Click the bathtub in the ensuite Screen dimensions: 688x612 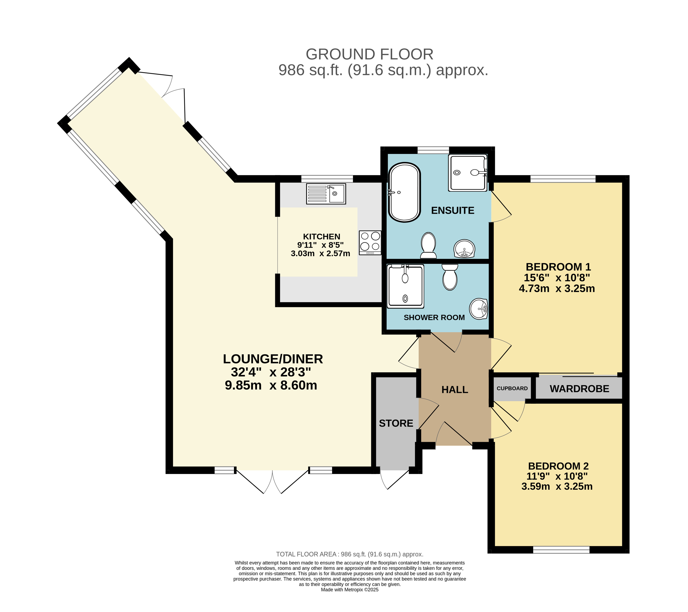tap(404, 192)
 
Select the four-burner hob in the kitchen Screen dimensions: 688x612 tap(370, 242)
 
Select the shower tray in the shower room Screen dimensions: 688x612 tap(405, 286)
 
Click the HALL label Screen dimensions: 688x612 tap(455, 389)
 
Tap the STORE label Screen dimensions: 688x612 tap(396, 423)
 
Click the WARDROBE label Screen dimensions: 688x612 tap(579, 389)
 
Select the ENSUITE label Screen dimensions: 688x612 tap(453, 210)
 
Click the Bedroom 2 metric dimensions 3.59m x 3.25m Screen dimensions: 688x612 tap(557, 486)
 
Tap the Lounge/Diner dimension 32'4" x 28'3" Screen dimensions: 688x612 tap(271, 372)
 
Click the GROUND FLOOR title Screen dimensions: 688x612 tap(369, 54)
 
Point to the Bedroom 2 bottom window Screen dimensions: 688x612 tap(561, 550)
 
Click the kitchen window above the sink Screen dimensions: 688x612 tap(327, 179)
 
